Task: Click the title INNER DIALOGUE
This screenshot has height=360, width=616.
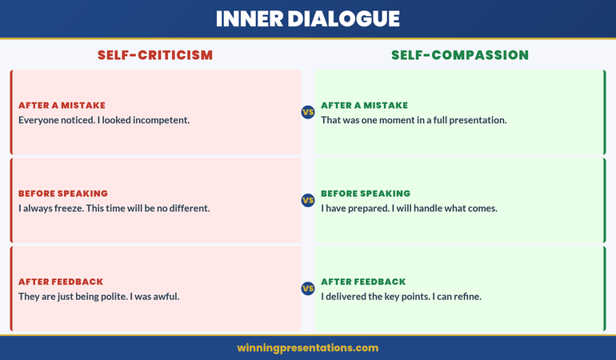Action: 308,18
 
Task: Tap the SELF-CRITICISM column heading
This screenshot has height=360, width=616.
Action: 155,55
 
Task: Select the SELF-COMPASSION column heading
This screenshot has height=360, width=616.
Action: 460,55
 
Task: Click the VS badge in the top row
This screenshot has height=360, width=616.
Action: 307,112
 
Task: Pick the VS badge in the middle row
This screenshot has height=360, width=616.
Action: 307,200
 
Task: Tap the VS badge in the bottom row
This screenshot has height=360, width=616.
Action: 307,288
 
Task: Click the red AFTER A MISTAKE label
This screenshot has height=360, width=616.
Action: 62,106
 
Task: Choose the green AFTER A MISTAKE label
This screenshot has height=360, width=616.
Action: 364,106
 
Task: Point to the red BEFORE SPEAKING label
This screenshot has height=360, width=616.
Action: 63,194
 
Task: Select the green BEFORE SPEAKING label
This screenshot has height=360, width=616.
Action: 366,194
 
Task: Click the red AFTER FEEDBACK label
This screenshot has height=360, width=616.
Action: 61,282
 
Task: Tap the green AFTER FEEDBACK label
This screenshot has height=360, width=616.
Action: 363,282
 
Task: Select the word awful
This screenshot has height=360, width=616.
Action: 165,296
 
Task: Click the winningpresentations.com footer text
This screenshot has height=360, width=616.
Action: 308,348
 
